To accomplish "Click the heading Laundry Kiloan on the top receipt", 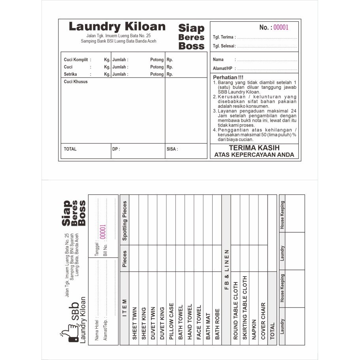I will point(117,27).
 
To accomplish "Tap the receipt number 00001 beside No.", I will point(281,27).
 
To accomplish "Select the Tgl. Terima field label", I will point(224,37).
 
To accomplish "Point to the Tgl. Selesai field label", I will point(224,46).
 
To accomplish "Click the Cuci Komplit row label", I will point(76,60).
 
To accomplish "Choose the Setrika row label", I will point(70,74).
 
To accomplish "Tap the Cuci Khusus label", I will point(76,82).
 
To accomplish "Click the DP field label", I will point(116,149).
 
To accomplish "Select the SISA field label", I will point(172,149).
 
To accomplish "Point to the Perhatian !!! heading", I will point(228,77).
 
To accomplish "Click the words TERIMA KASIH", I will point(254,147).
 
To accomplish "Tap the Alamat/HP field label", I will point(222,68).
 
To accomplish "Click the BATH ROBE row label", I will point(217,324).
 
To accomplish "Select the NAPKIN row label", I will point(254,330).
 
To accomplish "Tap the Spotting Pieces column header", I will point(124,221).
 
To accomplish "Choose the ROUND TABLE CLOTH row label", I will point(236,311).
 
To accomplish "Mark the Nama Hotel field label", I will point(97,329).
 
